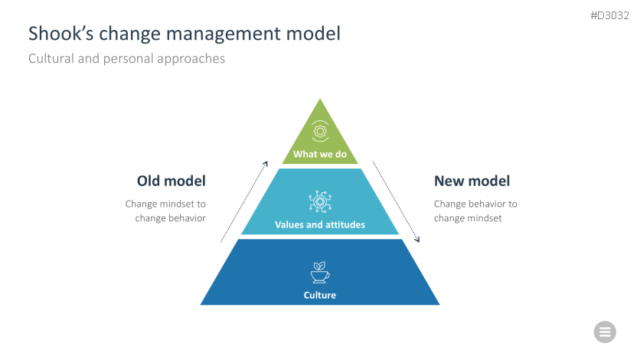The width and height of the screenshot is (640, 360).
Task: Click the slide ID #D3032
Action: coord(610,15)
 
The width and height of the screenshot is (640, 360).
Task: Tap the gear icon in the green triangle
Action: coord(320,130)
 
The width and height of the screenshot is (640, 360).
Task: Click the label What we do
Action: coord(320,155)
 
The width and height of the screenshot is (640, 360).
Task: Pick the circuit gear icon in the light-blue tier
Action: coord(319,202)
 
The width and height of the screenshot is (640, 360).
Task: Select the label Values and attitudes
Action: coord(320,225)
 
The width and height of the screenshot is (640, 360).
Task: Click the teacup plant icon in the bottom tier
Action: coord(320,272)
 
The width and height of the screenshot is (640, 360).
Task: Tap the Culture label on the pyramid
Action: coord(320,295)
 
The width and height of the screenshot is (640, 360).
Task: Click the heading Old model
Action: coord(171,182)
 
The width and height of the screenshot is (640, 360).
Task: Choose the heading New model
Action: coord(472,182)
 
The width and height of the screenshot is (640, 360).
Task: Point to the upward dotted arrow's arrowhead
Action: coord(266,163)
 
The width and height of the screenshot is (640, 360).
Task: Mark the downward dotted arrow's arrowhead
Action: coord(418,241)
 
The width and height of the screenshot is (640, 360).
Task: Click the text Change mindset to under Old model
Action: coord(165,205)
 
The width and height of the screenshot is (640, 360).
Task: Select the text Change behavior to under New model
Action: coord(475,205)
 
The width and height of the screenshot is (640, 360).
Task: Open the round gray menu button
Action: coord(605,332)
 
